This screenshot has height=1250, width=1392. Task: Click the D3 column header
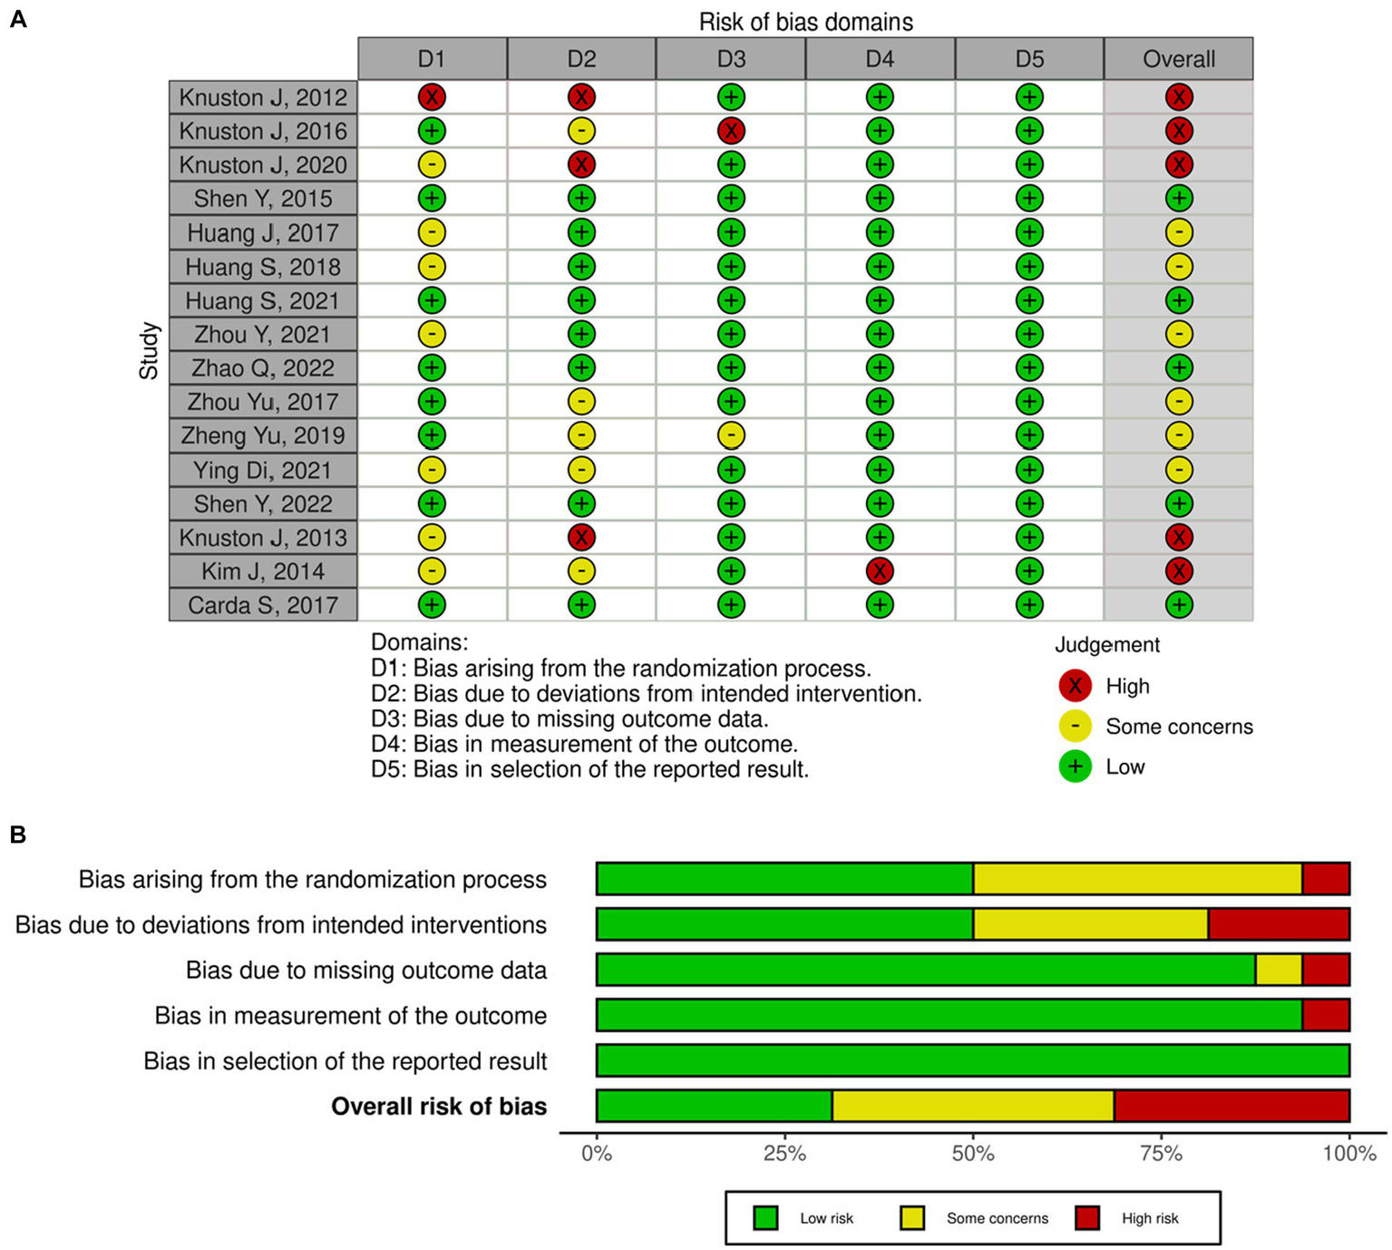pos(731,59)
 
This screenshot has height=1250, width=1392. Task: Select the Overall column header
pos(1178,59)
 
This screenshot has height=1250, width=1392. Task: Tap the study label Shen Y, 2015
pos(263,199)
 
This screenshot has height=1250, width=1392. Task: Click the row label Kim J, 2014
pos(263,571)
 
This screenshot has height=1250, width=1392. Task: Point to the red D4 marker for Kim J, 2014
pos(880,571)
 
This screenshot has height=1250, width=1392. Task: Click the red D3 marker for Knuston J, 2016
pos(731,131)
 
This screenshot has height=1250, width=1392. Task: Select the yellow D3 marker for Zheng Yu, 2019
pos(731,435)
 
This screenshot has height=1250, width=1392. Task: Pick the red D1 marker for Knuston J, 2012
pos(432,97)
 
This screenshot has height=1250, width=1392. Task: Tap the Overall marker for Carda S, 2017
pos(1179,605)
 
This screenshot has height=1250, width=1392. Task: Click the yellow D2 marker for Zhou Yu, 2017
pos(581,401)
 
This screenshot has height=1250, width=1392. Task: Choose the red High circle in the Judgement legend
pos(1075,686)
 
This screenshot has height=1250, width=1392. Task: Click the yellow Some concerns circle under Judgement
pos(1075,727)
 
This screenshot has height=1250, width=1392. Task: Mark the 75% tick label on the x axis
pos(1161,1154)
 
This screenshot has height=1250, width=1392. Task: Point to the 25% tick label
pos(784,1154)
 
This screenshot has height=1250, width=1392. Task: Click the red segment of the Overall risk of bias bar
pos(1231,1106)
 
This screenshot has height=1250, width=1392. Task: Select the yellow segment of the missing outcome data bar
pos(1279,970)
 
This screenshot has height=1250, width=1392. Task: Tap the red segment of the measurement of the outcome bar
pos(1326,1015)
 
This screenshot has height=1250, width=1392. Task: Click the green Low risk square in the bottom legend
pos(766,1218)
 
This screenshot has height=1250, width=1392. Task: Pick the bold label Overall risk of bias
pos(439,1107)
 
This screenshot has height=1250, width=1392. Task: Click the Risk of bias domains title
pos(805,22)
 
